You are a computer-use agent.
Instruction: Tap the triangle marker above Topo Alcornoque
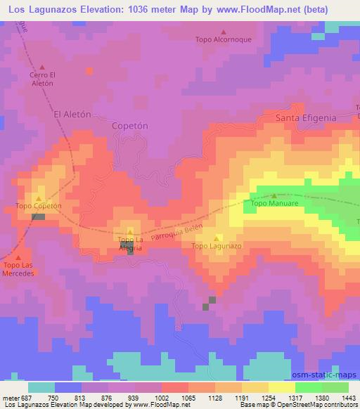pos(224,32)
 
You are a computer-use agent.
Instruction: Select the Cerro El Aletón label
pos(42,79)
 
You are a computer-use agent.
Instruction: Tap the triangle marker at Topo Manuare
pos(274,196)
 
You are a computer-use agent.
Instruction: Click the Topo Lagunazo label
pos(217,247)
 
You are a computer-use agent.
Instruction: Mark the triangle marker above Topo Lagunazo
pos(217,238)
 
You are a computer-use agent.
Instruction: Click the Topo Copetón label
pos(39,206)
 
